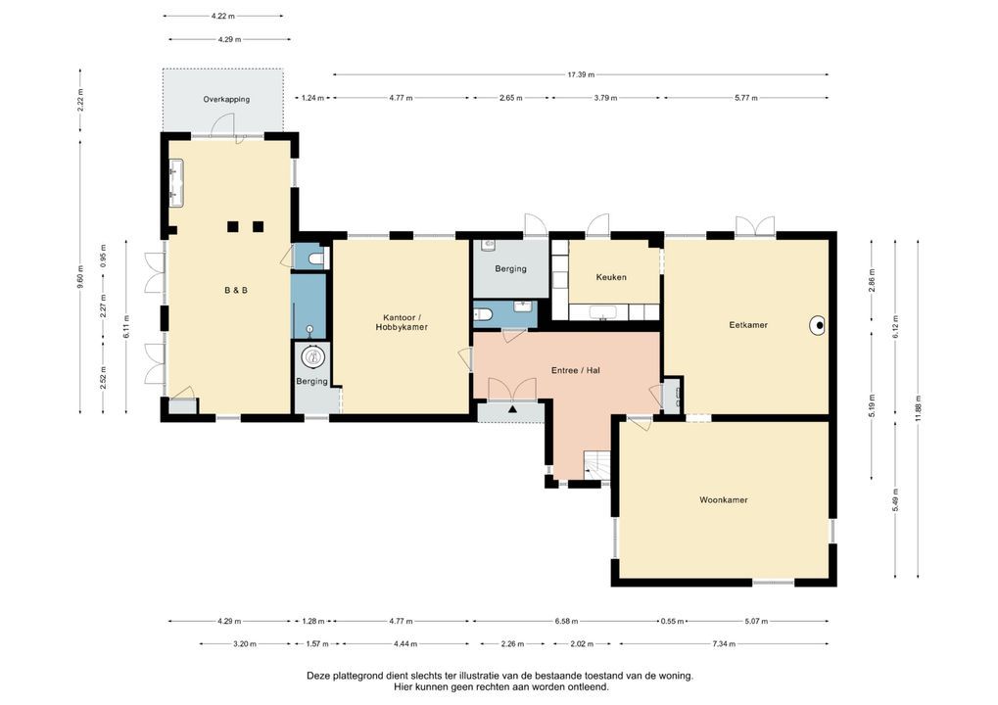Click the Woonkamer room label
(x=723, y=500)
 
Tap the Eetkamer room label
(x=748, y=324)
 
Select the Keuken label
(x=611, y=277)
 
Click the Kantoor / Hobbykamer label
(x=402, y=322)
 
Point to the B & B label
(x=235, y=291)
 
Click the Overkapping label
(x=226, y=100)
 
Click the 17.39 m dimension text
(x=580, y=74)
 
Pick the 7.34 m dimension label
(x=723, y=644)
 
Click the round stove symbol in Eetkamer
(x=816, y=325)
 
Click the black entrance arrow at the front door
(x=511, y=407)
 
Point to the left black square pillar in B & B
(x=233, y=227)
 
